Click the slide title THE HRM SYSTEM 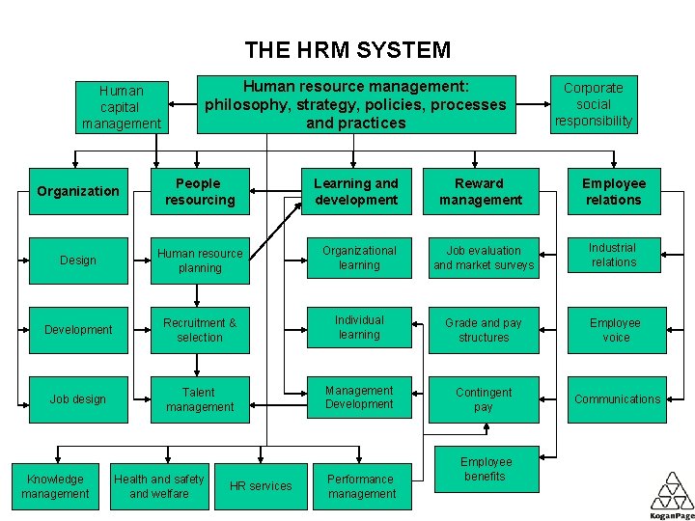pos(347,49)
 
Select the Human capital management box pos(122,107)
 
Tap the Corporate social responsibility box pos(594,104)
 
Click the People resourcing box pos(199,191)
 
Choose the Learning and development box pos(355,191)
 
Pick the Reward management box pos(480,191)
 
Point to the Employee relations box pos(613,191)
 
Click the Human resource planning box pos(199,260)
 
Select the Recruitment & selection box pos(199,330)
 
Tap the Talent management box pos(199,399)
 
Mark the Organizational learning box pos(358,258)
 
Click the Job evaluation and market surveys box pos(484,258)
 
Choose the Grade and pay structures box pos(484,330)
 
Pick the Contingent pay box pos(484,399)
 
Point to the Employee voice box pos(616,330)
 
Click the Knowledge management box pos(55,486)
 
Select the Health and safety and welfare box pos(159,486)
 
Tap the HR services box pos(260,486)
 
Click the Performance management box pos(361,486)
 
